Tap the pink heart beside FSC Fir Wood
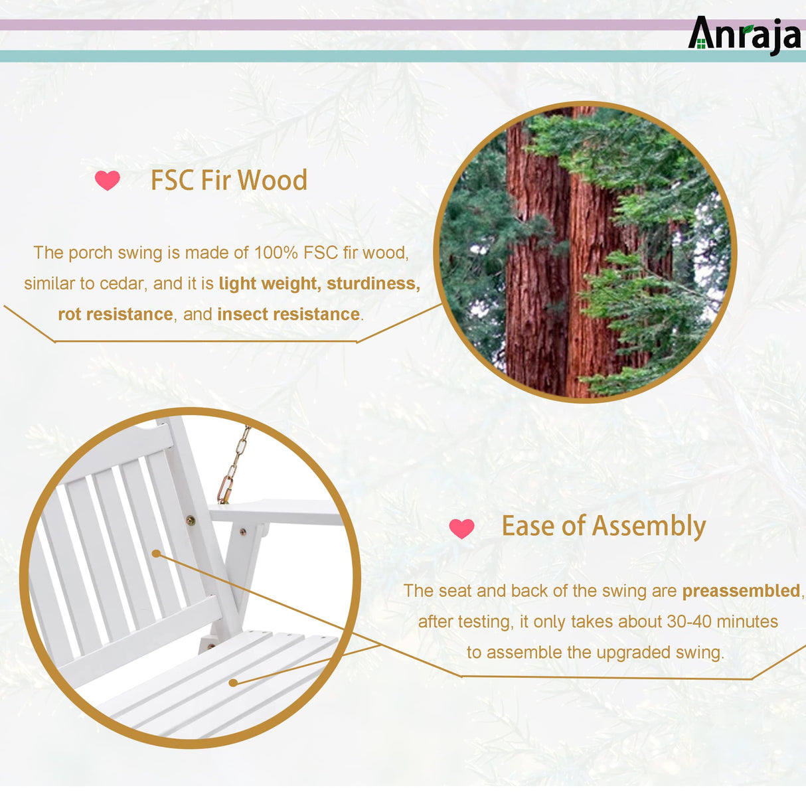(x=108, y=180)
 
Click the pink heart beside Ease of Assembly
(x=461, y=528)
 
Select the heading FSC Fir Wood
(x=228, y=180)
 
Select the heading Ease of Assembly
(x=603, y=526)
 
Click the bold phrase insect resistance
(x=288, y=314)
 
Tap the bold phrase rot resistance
(x=115, y=314)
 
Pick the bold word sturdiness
(x=373, y=283)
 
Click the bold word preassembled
(x=741, y=591)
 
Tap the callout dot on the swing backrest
(x=157, y=553)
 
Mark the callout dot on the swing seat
(x=233, y=682)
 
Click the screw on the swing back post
(x=191, y=521)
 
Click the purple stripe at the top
(x=332, y=25)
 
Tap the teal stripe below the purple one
(x=332, y=56)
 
